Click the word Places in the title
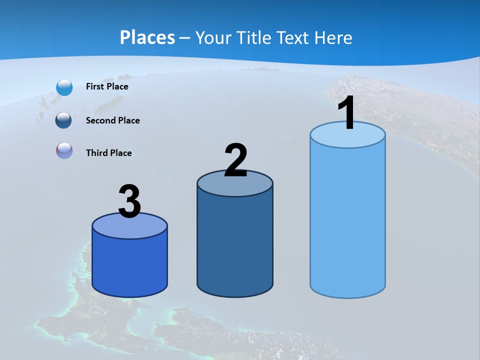(x=147, y=37)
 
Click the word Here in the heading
(x=335, y=37)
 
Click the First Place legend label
(x=107, y=86)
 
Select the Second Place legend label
(x=112, y=120)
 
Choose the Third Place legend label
(x=108, y=153)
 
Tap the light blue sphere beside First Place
(x=64, y=87)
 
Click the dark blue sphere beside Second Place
(x=63, y=120)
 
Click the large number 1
(x=346, y=114)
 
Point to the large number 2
(x=235, y=160)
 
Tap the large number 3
(x=129, y=202)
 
